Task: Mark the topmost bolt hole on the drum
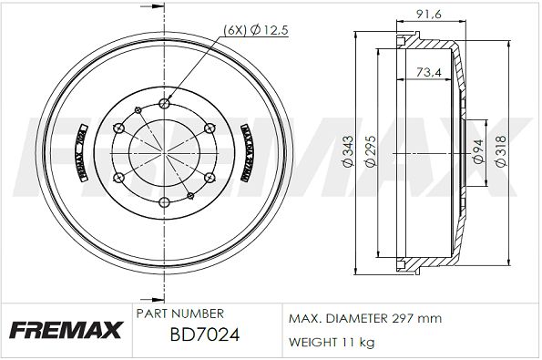click(x=164, y=102)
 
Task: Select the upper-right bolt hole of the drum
click(x=209, y=127)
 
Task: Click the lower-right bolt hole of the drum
click(x=209, y=177)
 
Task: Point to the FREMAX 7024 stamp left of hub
click(x=80, y=152)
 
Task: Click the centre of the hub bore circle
click(x=164, y=152)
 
